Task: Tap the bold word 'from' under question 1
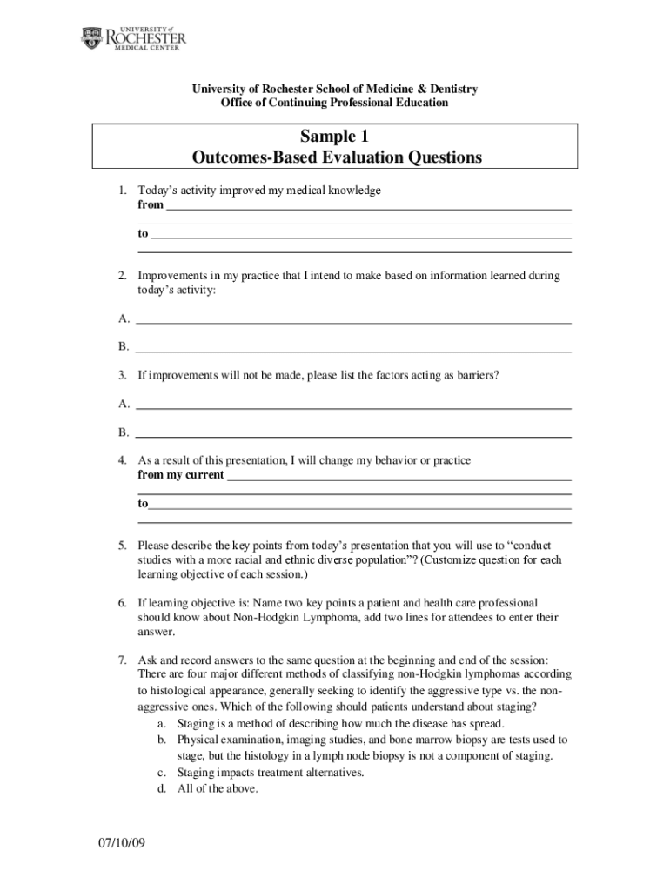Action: [151, 205]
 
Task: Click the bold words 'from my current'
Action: [180, 475]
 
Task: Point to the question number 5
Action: [123, 546]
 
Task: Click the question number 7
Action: [123, 659]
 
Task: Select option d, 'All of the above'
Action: [218, 789]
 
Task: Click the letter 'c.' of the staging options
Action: [163, 773]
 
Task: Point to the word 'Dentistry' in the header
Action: [447, 89]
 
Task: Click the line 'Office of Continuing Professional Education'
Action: [335, 103]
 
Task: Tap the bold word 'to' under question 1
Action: [143, 234]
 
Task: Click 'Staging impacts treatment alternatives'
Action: [270, 773]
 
